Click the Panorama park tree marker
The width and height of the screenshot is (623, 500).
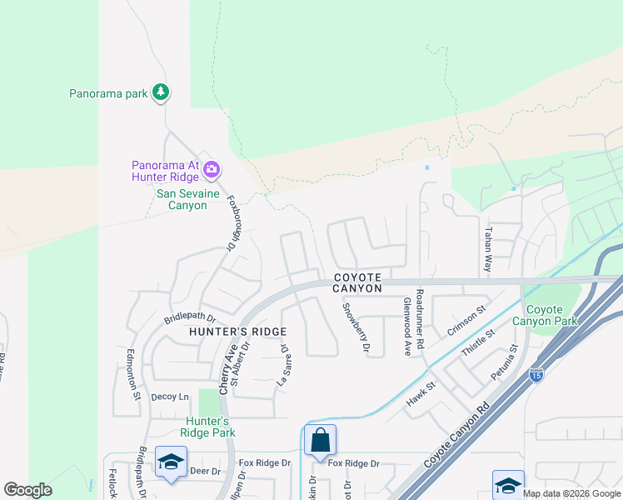click(x=161, y=92)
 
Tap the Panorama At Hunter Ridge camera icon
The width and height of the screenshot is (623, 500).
click(x=211, y=170)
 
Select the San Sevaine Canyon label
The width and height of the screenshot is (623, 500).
click(x=188, y=199)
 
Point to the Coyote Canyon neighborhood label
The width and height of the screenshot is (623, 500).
click(x=358, y=282)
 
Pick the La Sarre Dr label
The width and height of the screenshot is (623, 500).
click(x=283, y=367)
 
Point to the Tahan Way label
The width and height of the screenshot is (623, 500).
click(x=489, y=249)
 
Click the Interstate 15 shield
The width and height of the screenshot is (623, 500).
click(x=536, y=375)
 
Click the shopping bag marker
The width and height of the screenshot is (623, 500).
click(x=320, y=439)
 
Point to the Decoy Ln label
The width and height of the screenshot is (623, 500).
click(x=170, y=397)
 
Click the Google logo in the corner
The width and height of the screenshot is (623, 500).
click(x=27, y=490)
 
